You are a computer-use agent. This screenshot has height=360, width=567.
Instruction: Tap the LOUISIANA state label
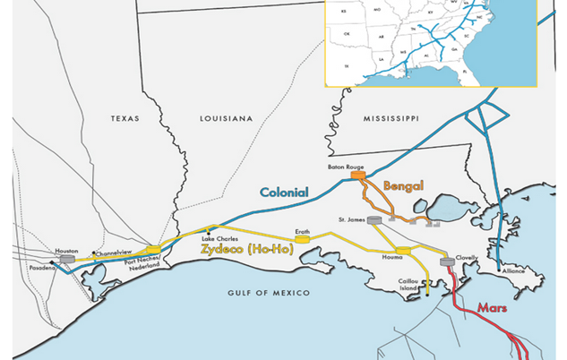(224, 118)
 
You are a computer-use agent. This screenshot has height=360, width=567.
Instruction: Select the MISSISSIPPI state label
(391, 118)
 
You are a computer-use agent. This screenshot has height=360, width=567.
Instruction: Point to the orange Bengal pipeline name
(402, 185)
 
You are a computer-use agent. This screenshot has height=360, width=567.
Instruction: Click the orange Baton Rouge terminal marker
(357, 176)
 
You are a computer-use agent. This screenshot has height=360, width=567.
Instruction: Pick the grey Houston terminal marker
(67, 260)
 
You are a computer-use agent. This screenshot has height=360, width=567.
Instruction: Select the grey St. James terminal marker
(374, 219)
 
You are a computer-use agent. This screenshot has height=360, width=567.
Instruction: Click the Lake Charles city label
(219, 239)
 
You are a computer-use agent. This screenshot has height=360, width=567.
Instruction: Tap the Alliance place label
(513, 268)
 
